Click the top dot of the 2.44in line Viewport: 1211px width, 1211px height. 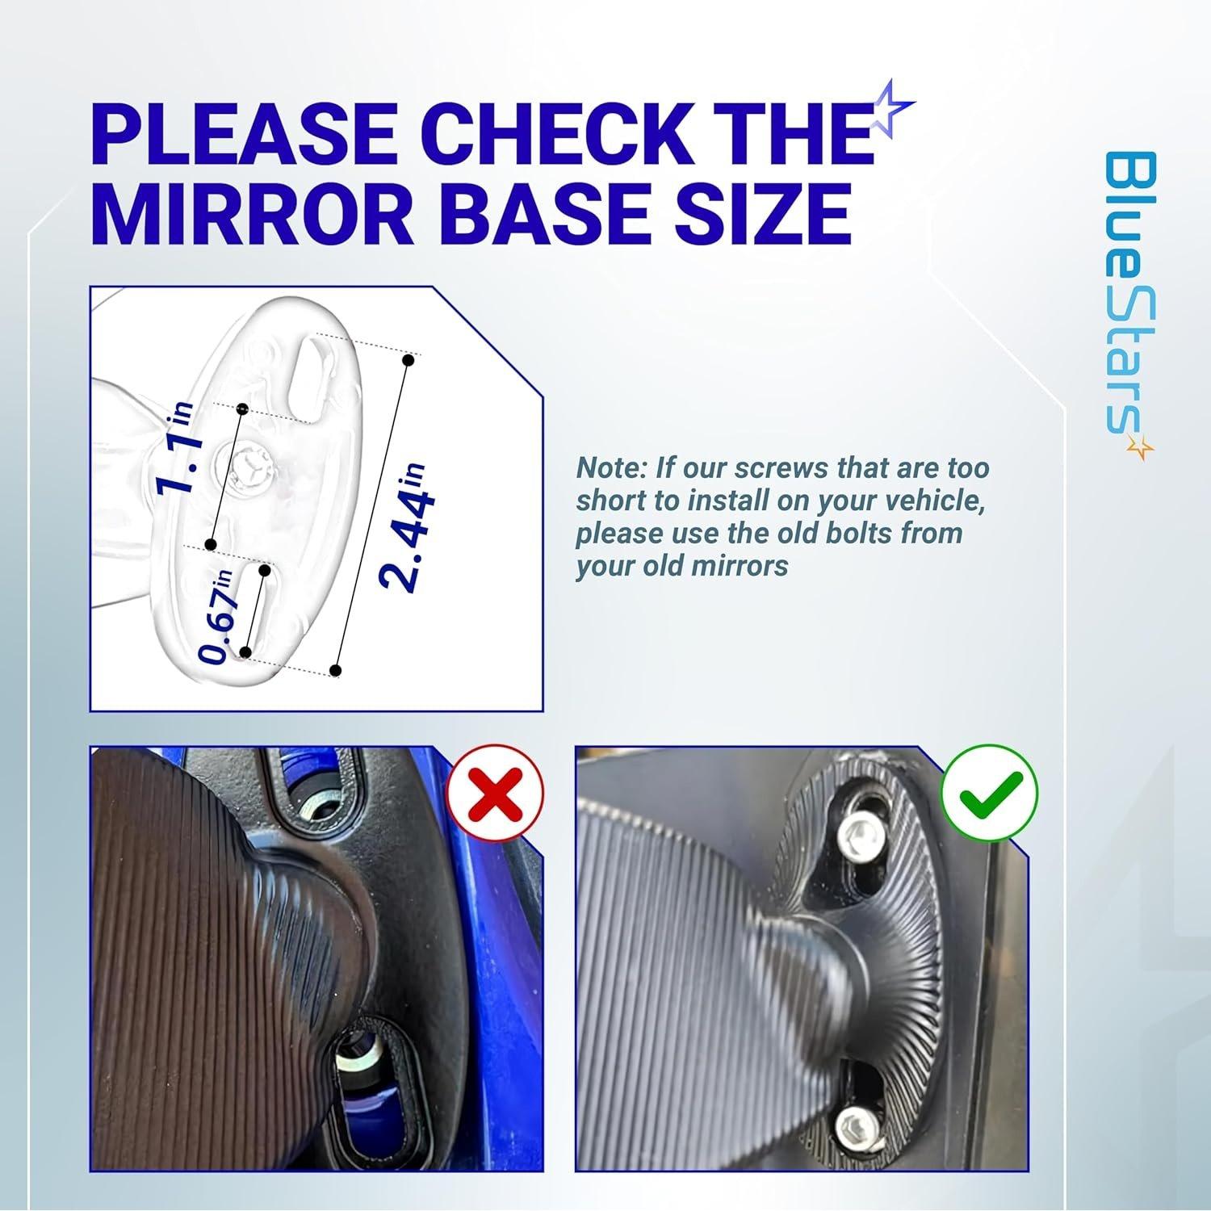click(409, 359)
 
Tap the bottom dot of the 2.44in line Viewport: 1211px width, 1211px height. click(337, 671)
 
